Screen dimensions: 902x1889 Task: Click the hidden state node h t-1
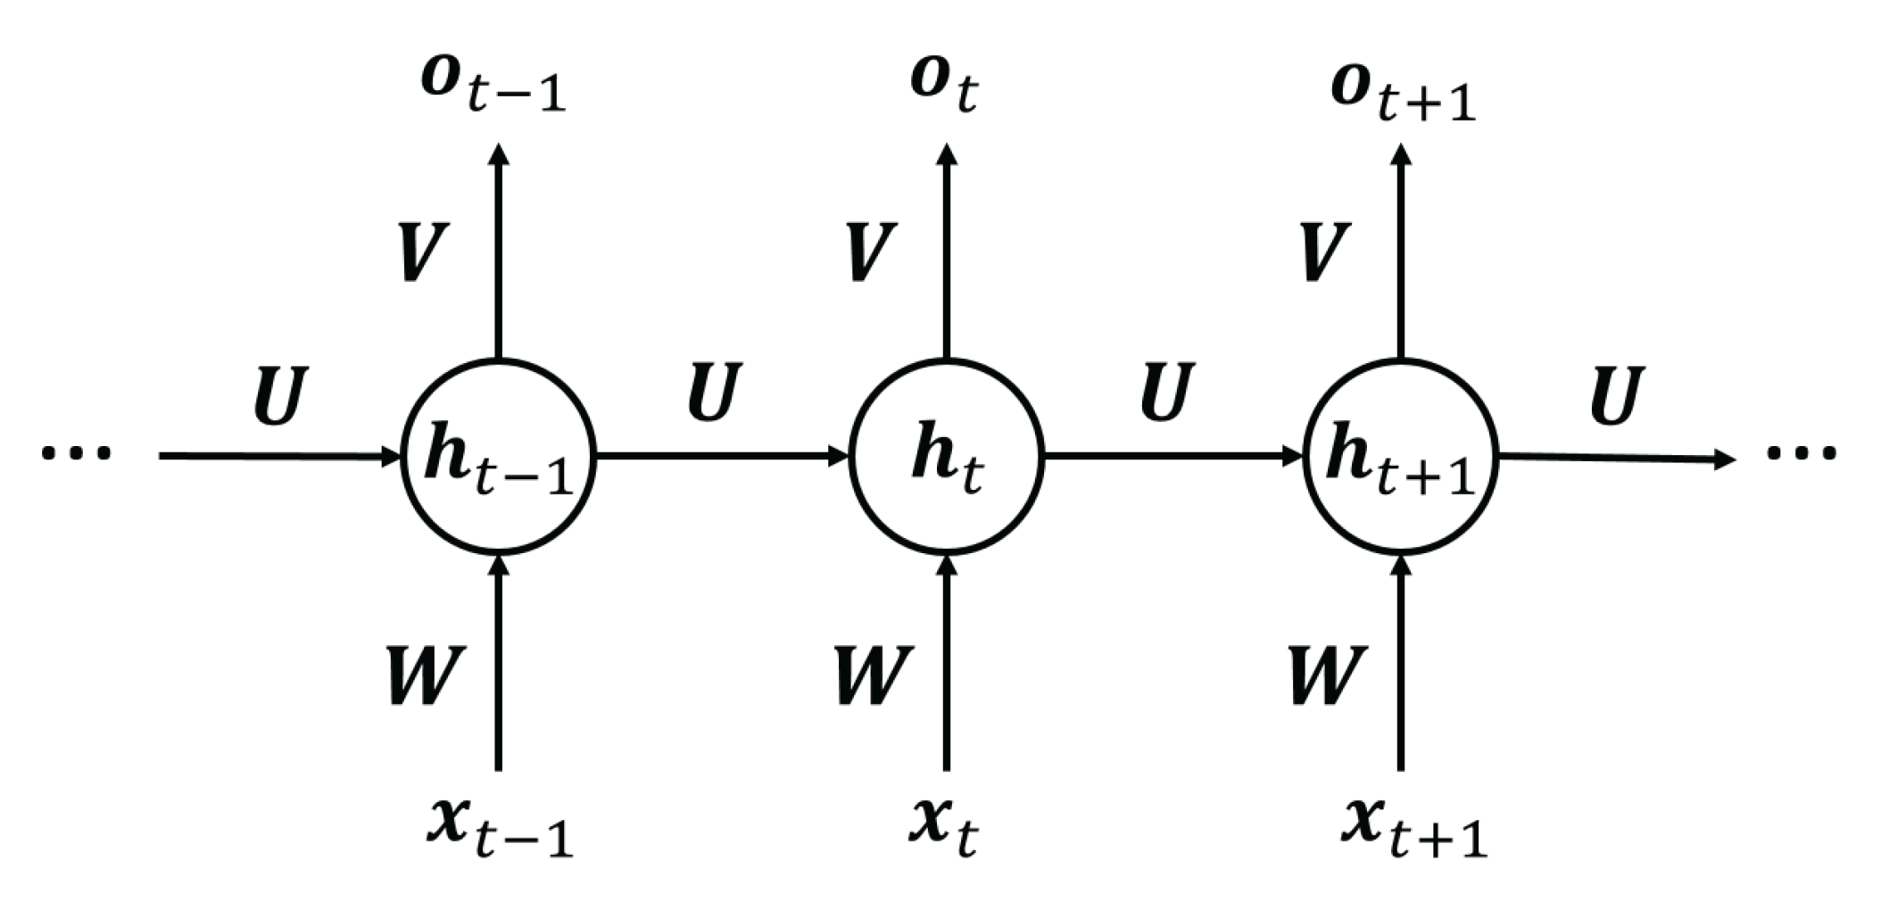point(499,456)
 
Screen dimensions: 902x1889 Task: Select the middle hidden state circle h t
point(947,456)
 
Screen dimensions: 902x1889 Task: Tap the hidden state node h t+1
point(1400,456)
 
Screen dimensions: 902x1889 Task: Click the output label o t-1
point(493,87)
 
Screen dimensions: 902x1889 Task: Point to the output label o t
point(944,85)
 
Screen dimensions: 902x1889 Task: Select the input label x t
point(944,827)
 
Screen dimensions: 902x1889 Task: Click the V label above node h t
point(868,252)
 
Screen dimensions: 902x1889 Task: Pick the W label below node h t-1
point(426,675)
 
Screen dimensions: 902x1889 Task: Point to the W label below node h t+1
point(1327,675)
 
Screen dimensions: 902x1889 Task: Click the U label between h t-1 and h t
point(715,393)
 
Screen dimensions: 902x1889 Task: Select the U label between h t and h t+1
point(1167,393)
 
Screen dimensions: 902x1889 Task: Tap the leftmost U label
point(280,395)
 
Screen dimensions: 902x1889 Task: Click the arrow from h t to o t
point(947,250)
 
